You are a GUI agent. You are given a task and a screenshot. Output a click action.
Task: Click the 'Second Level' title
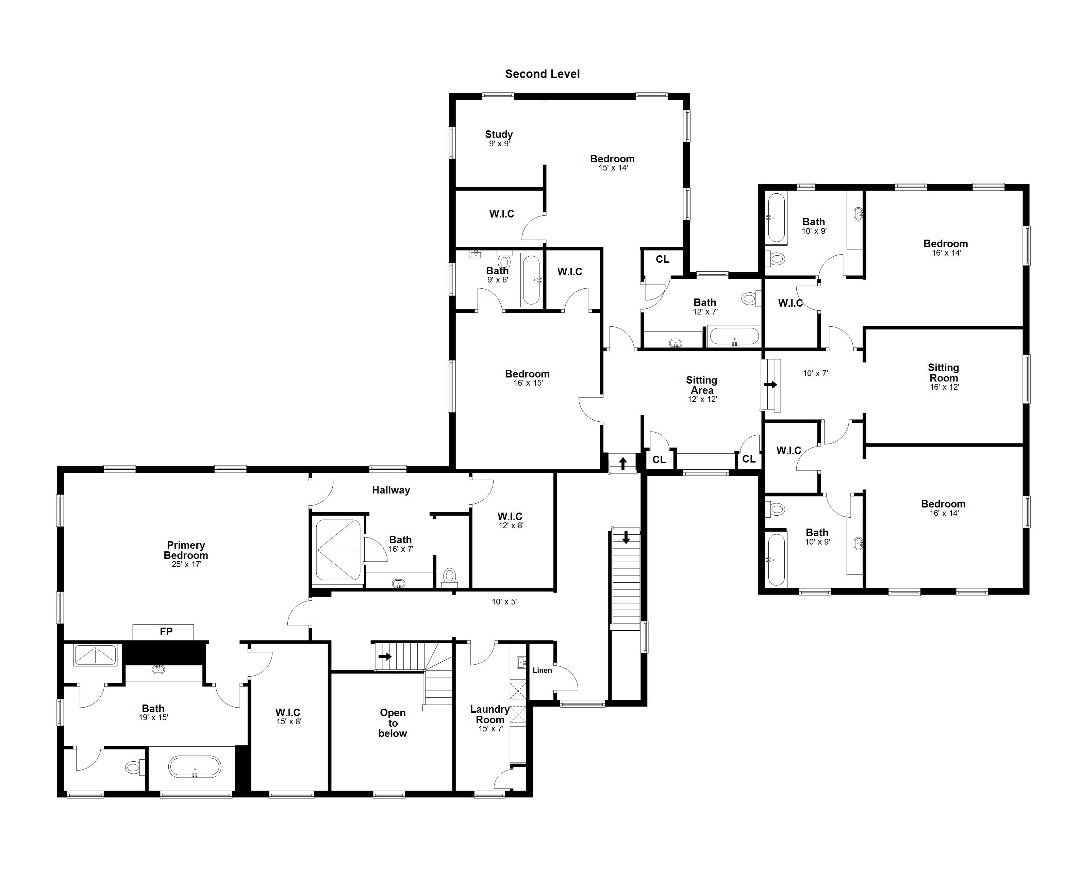tap(542, 74)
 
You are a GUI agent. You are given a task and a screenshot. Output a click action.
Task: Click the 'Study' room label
tap(499, 134)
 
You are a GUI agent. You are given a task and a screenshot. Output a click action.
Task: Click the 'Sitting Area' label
tap(702, 385)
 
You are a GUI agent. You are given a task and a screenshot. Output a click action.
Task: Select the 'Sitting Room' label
tap(943, 373)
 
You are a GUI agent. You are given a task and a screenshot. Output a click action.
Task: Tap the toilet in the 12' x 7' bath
tap(749, 298)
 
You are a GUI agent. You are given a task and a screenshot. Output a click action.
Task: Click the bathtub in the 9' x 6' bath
tap(531, 280)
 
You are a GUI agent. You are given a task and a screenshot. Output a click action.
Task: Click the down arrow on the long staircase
tap(626, 537)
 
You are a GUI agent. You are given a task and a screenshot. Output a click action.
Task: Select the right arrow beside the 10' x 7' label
tap(770, 385)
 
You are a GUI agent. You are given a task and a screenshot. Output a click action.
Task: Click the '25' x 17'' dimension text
tap(186, 564)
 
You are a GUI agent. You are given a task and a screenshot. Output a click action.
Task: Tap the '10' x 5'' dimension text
tap(504, 601)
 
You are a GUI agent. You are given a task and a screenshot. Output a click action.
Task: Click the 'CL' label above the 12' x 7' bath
tap(662, 259)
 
